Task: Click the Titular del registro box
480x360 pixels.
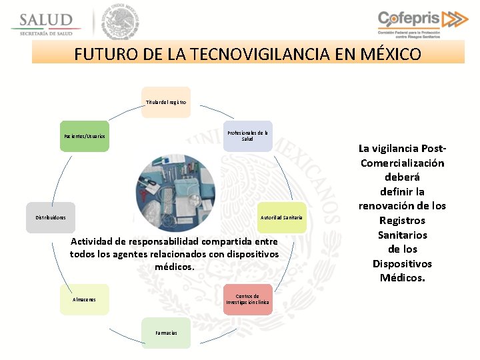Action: coord(166,102)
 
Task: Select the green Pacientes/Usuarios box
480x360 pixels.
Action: coord(84,136)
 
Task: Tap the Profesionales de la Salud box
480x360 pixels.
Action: coord(248,136)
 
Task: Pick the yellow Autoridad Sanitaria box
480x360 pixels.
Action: coord(281,217)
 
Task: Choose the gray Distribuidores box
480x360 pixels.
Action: coord(51,217)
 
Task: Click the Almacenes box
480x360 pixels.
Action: coord(84,299)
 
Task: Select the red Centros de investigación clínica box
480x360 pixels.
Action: coord(248,299)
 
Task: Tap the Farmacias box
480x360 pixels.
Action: coord(166,333)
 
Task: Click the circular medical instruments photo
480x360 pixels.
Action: coord(175,193)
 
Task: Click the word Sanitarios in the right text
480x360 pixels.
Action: coord(402,235)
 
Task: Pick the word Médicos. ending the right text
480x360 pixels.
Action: coord(402,278)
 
